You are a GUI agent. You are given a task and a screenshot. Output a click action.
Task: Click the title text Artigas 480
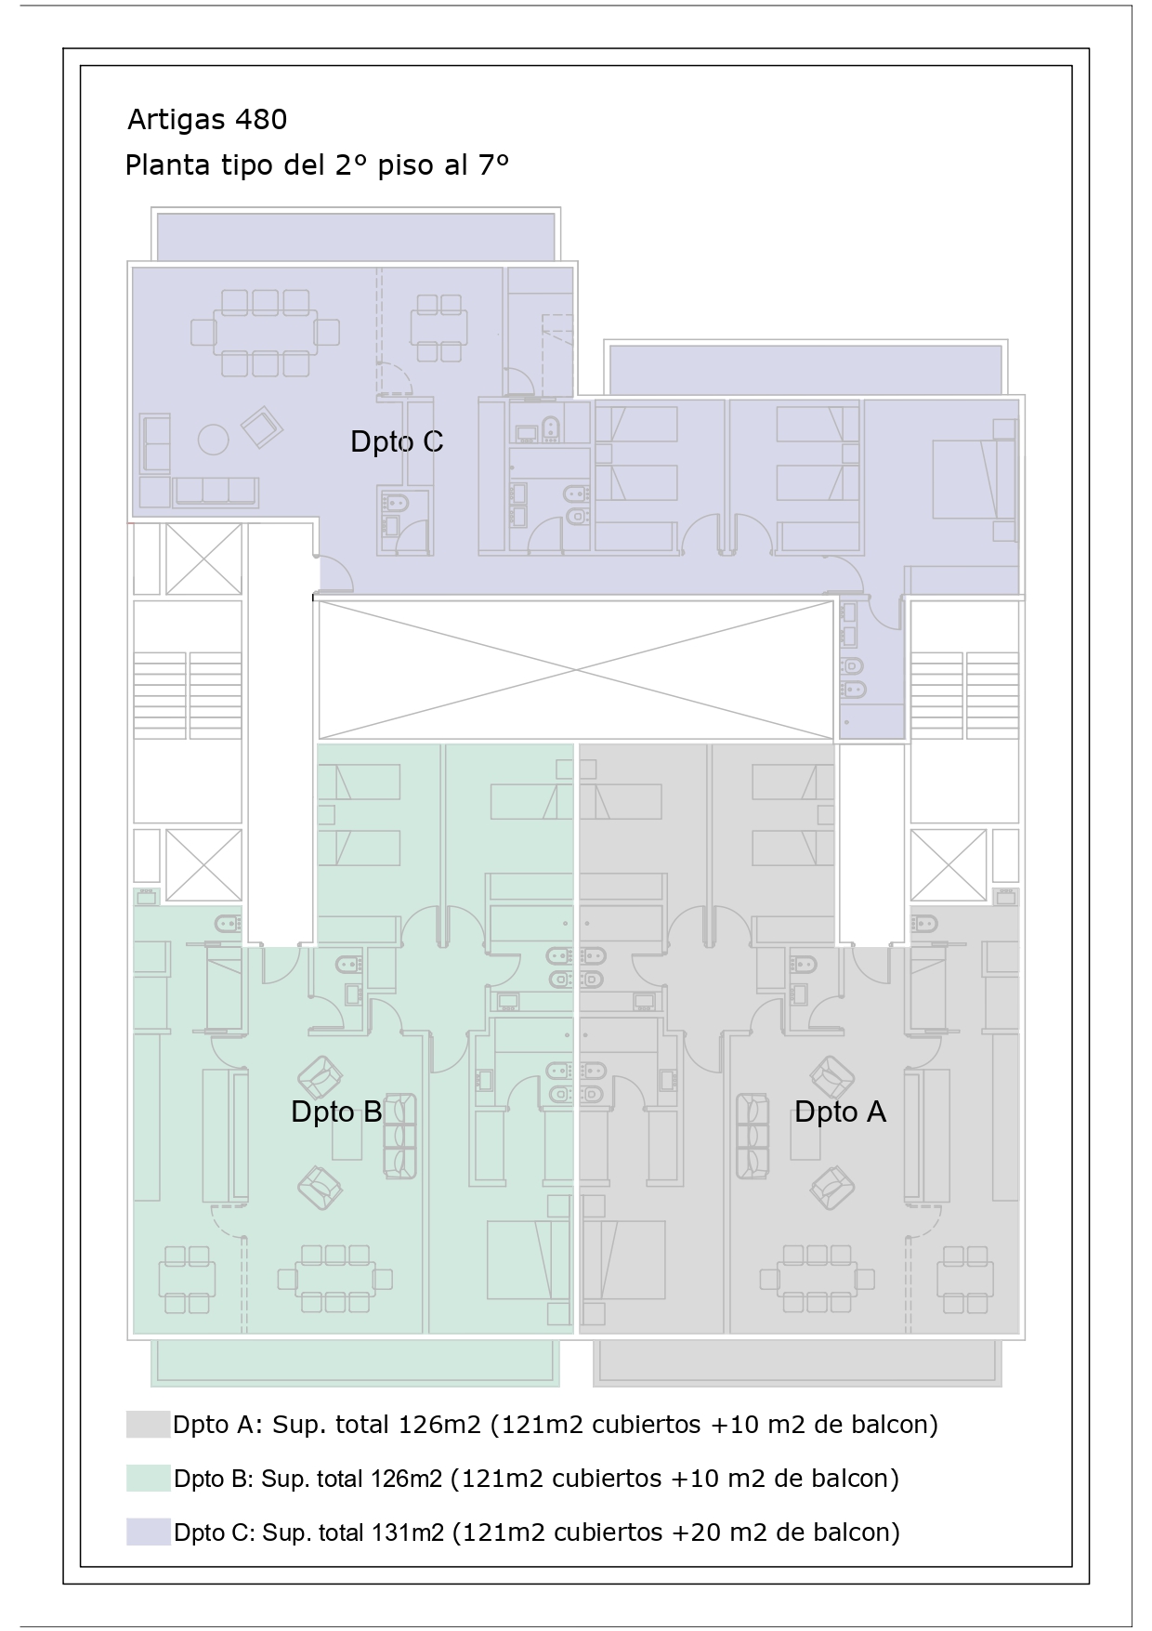tap(207, 120)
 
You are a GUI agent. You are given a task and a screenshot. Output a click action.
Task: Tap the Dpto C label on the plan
tap(397, 441)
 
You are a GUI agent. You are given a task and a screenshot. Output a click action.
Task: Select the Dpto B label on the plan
tap(336, 1112)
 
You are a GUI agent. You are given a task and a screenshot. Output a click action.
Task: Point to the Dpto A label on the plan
tap(840, 1112)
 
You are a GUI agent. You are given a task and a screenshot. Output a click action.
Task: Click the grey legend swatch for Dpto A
tap(149, 1425)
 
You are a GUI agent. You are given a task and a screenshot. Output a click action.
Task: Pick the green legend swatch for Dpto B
tap(149, 1479)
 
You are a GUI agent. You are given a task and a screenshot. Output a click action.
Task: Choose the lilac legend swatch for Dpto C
tap(149, 1532)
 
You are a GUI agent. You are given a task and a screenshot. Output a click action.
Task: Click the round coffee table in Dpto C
tap(214, 440)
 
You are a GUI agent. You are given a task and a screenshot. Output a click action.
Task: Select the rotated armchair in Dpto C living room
tap(262, 426)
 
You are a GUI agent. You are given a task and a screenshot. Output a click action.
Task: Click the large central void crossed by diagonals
tap(576, 670)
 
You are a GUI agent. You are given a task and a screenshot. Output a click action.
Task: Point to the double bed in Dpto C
tap(975, 479)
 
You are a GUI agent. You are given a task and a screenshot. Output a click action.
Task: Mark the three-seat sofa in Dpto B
tap(399, 1137)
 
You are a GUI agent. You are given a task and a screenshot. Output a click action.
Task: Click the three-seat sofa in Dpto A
tap(753, 1137)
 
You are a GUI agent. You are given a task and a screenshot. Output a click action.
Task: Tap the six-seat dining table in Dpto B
tap(344, 1280)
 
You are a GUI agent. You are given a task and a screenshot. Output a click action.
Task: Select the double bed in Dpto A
tap(623, 1259)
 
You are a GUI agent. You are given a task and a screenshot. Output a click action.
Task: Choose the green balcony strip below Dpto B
tap(356, 1362)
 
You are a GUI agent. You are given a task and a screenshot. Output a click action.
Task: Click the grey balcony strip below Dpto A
tap(798, 1362)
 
